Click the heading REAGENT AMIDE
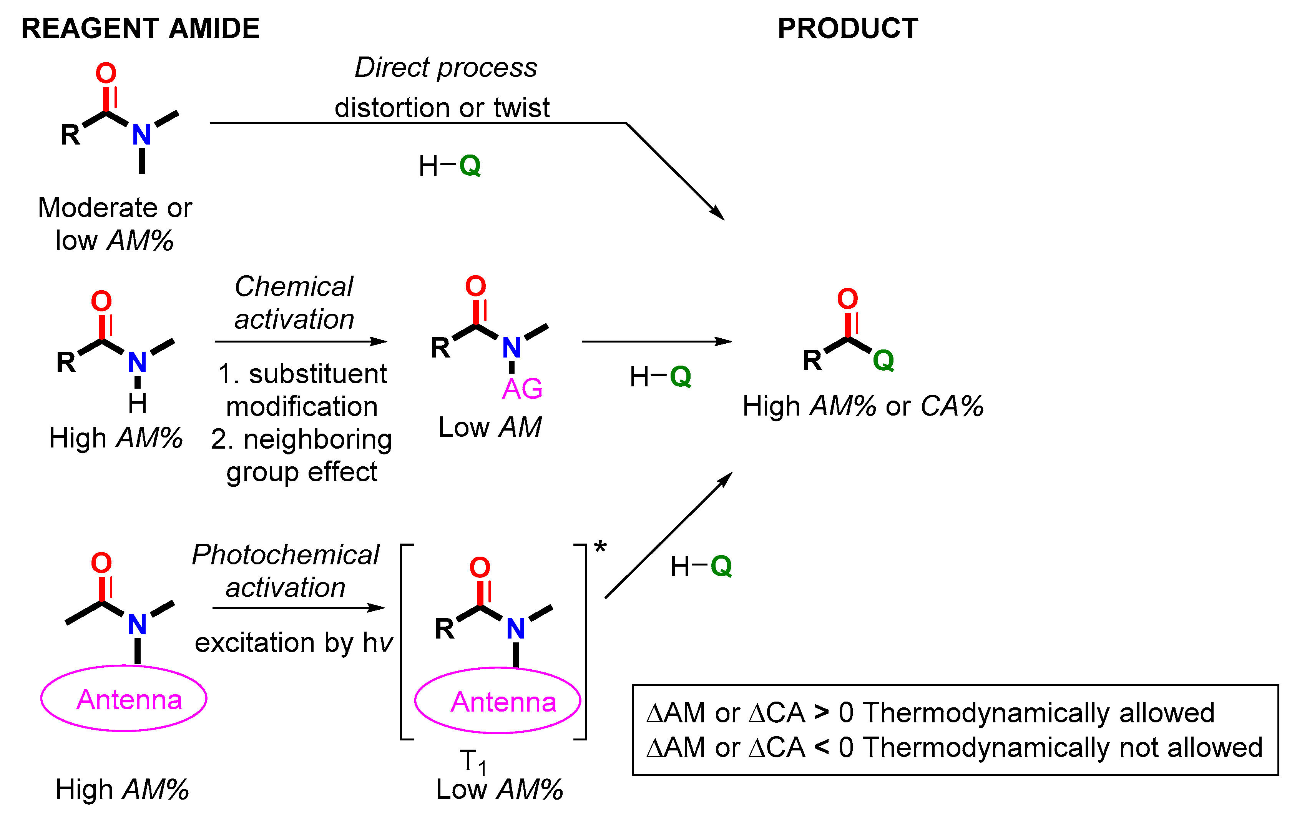(x=140, y=28)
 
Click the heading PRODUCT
(x=847, y=28)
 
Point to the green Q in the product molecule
(x=883, y=360)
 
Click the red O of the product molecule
(x=847, y=298)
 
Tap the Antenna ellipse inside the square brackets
(x=498, y=701)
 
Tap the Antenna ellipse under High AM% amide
(x=124, y=699)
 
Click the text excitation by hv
(x=294, y=643)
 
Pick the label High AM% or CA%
(x=862, y=406)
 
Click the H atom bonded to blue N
(x=137, y=403)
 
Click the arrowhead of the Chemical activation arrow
(x=379, y=341)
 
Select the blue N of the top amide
(x=141, y=134)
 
